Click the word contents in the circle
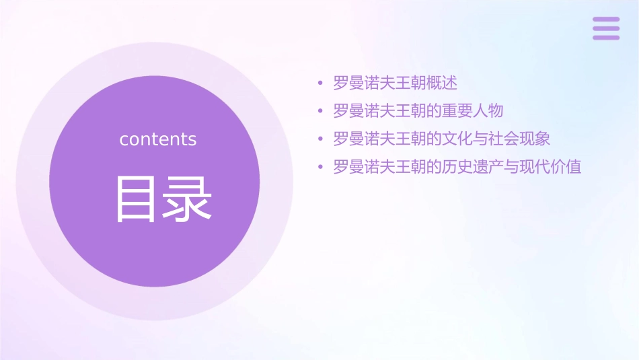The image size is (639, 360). pyautogui.click(x=158, y=139)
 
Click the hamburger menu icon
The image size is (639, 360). pyautogui.click(x=606, y=28)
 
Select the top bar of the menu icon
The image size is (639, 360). pyautogui.click(x=606, y=20)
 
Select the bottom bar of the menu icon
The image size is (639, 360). pyautogui.click(x=606, y=37)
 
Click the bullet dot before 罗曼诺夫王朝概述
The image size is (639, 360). pyautogui.click(x=321, y=83)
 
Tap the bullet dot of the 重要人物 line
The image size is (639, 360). pyautogui.click(x=321, y=111)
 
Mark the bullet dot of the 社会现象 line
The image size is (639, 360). pyautogui.click(x=321, y=139)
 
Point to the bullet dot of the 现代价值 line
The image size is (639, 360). pyautogui.click(x=321, y=167)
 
